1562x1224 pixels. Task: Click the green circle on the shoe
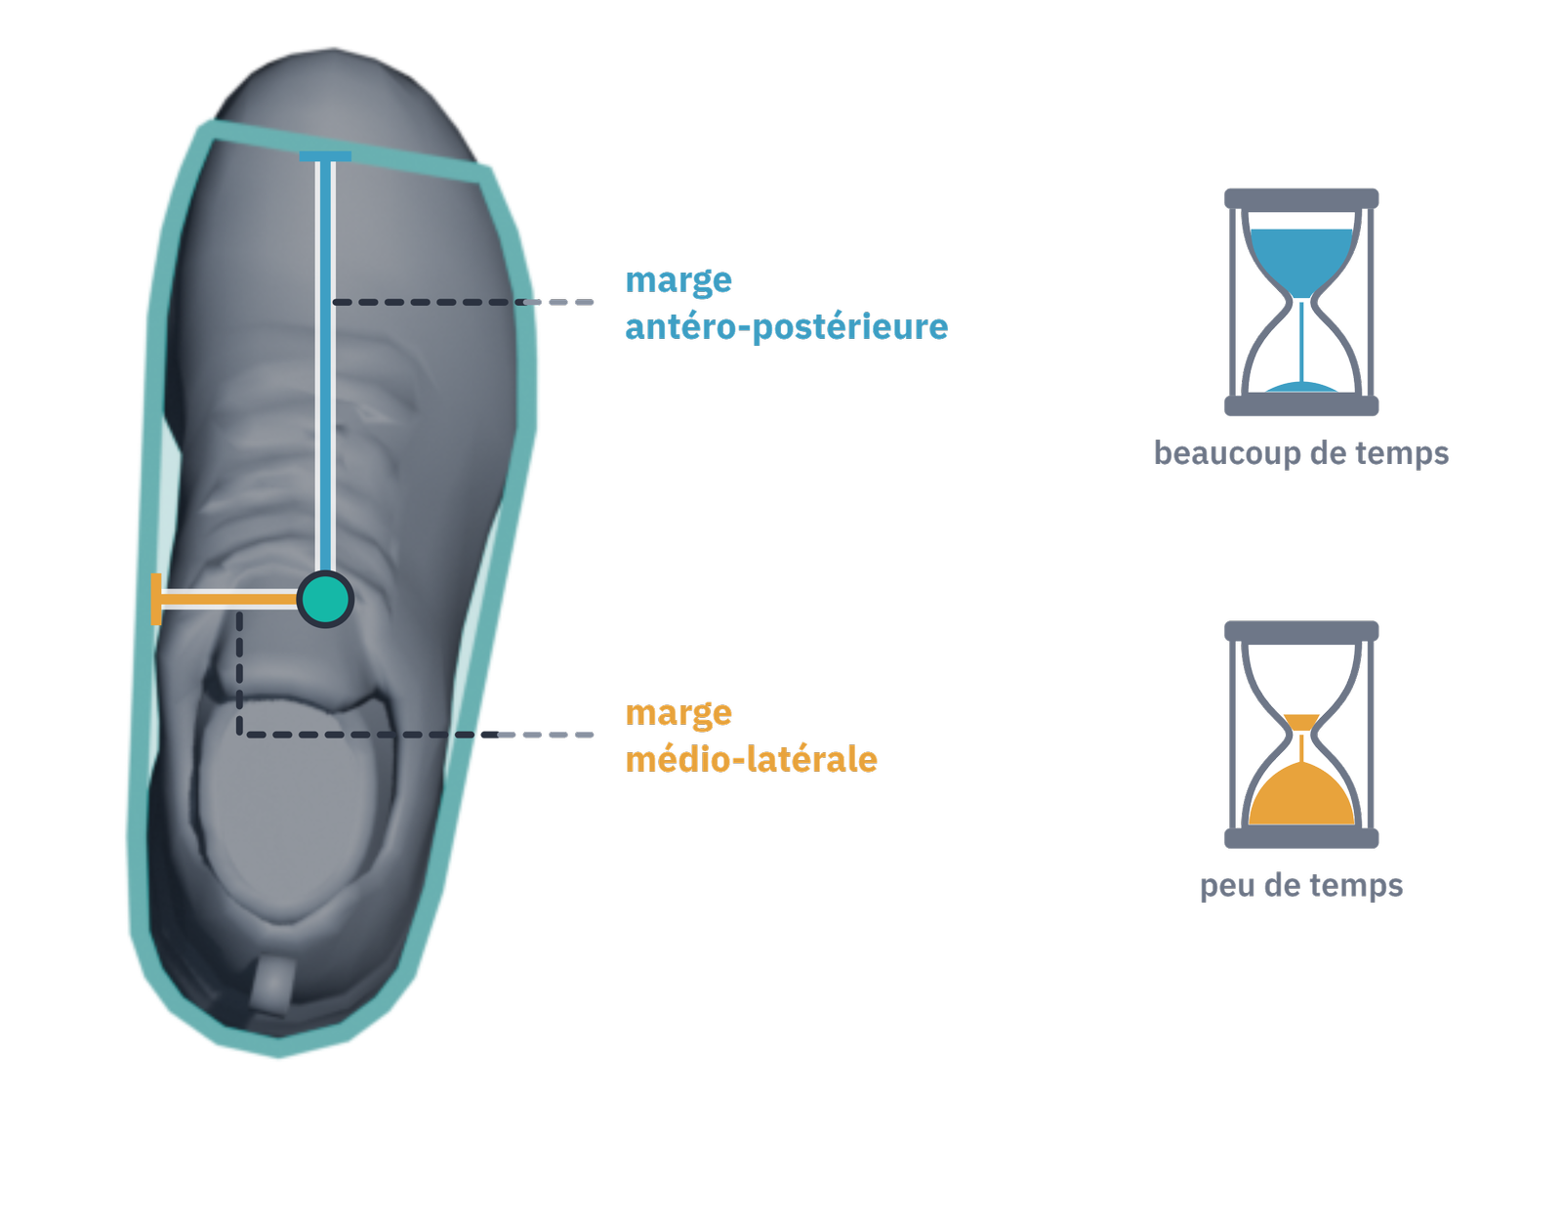coord(325,599)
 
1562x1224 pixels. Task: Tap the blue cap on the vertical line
coord(325,156)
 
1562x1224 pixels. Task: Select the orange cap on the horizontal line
coord(156,599)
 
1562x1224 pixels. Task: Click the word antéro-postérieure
coord(787,328)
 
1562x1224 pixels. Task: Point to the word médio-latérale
coord(751,759)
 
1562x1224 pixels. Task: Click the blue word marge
coord(678,281)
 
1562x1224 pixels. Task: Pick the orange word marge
coord(678,714)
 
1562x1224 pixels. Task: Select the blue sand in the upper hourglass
coord(1301,259)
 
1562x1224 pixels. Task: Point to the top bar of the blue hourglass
coord(1301,198)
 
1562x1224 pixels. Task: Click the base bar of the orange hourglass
coord(1301,838)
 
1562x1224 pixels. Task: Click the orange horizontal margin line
coord(229,599)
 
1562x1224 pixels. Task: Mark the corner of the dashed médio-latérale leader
coord(240,735)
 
